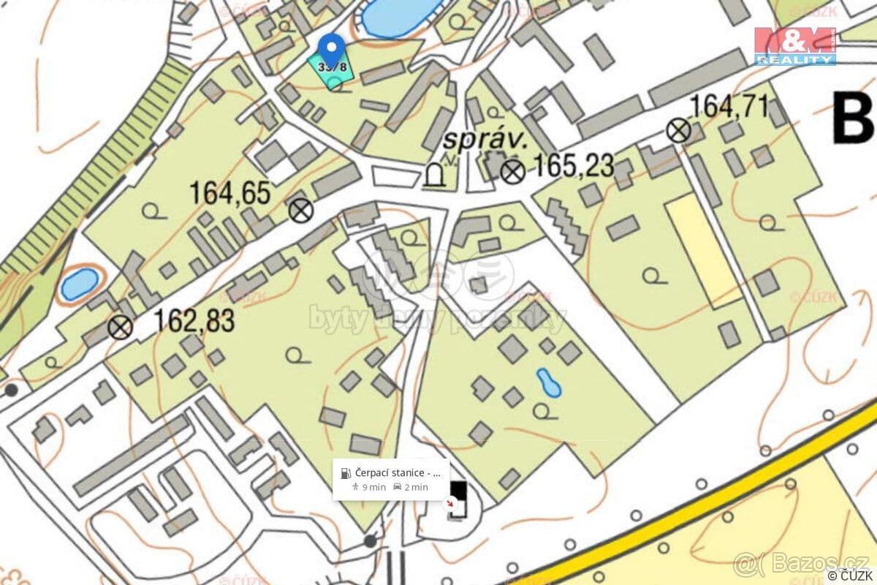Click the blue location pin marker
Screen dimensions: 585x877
(x=333, y=48)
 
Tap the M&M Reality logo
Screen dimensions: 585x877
(x=795, y=46)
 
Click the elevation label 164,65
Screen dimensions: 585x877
(x=229, y=194)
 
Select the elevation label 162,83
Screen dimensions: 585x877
(x=194, y=321)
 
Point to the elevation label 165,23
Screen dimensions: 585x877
(x=573, y=166)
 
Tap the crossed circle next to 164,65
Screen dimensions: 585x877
(x=300, y=211)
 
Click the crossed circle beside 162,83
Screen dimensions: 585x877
(x=121, y=327)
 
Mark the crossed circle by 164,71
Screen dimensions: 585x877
(x=679, y=131)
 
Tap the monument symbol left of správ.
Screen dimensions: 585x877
(x=434, y=175)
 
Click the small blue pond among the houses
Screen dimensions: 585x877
(x=548, y=382)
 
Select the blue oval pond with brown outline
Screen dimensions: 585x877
(x=78, y=283)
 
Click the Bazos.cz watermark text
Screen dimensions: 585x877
(x=800, y=563)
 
